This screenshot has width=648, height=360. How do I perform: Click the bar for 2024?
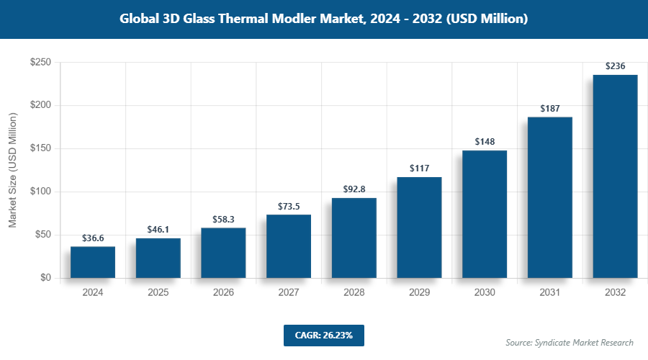click(x=93, y=262)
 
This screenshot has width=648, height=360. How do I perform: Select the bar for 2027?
click(x=289, y=246)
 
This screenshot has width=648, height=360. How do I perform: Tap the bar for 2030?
click(x=485, y=214)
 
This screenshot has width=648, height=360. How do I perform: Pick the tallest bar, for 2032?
click(x=615, y=176)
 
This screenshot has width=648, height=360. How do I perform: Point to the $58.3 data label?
click(x=223, y=218)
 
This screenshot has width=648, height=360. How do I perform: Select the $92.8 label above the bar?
click(x=354, y=189)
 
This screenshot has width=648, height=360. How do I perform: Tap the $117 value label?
click(x=419, y=168)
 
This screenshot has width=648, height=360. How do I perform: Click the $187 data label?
click(x=550, y=108)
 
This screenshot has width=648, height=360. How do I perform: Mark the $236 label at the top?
click(x=615, y=66)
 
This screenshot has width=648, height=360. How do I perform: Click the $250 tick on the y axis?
click(x=40, y=63)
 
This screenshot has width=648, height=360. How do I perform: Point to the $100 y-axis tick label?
click(x=40, y=192)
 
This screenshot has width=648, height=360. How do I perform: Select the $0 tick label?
click(x=45, y=278)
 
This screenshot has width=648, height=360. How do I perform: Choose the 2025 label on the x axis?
click(x=158, y=293)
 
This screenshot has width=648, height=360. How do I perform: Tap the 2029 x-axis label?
click(x=419, y=293)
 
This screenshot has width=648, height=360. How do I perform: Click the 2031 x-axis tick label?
click(x=550, y=293)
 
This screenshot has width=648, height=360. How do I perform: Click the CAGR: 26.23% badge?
click(x=323, y=335)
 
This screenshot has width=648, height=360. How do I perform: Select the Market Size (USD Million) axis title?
click(x=12, y=170)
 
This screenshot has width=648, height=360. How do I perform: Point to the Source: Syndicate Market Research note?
click(x=569, y=342)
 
